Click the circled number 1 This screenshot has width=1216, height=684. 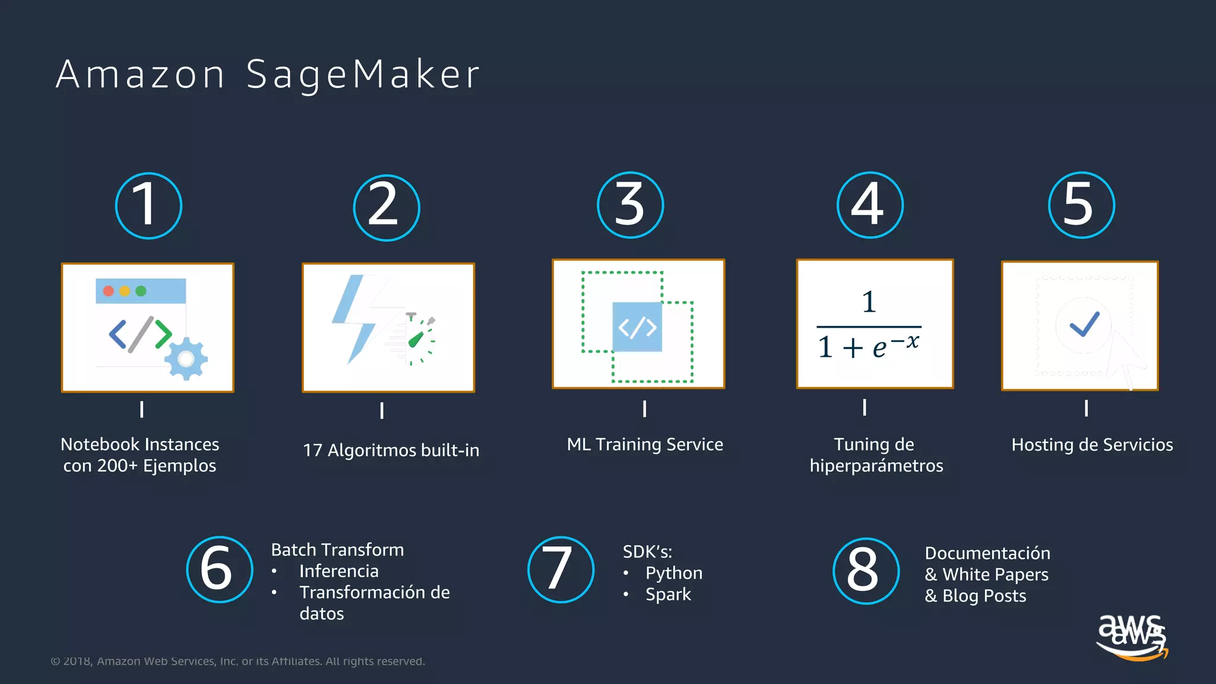point(148,205)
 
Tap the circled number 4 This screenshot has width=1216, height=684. point(870,205)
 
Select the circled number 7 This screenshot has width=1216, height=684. point(560,569)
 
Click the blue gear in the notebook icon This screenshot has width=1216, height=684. point(186,358)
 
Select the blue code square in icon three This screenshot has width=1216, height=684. point(637,327)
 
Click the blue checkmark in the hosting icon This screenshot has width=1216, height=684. point(1084,324)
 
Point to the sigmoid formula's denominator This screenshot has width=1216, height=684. point(868,346)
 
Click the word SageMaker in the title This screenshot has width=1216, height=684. point(363,75)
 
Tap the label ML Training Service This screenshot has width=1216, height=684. point(645,444)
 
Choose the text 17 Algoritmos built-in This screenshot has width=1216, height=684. point(391,450)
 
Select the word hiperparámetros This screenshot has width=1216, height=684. point(876,465)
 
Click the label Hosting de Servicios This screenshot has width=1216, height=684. point(1092,445)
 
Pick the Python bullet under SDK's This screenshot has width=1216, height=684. point(673,573)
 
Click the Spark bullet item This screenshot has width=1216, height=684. point(668,594)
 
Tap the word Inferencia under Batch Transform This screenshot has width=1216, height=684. point(338,571)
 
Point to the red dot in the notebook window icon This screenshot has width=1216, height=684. point(109,291)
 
